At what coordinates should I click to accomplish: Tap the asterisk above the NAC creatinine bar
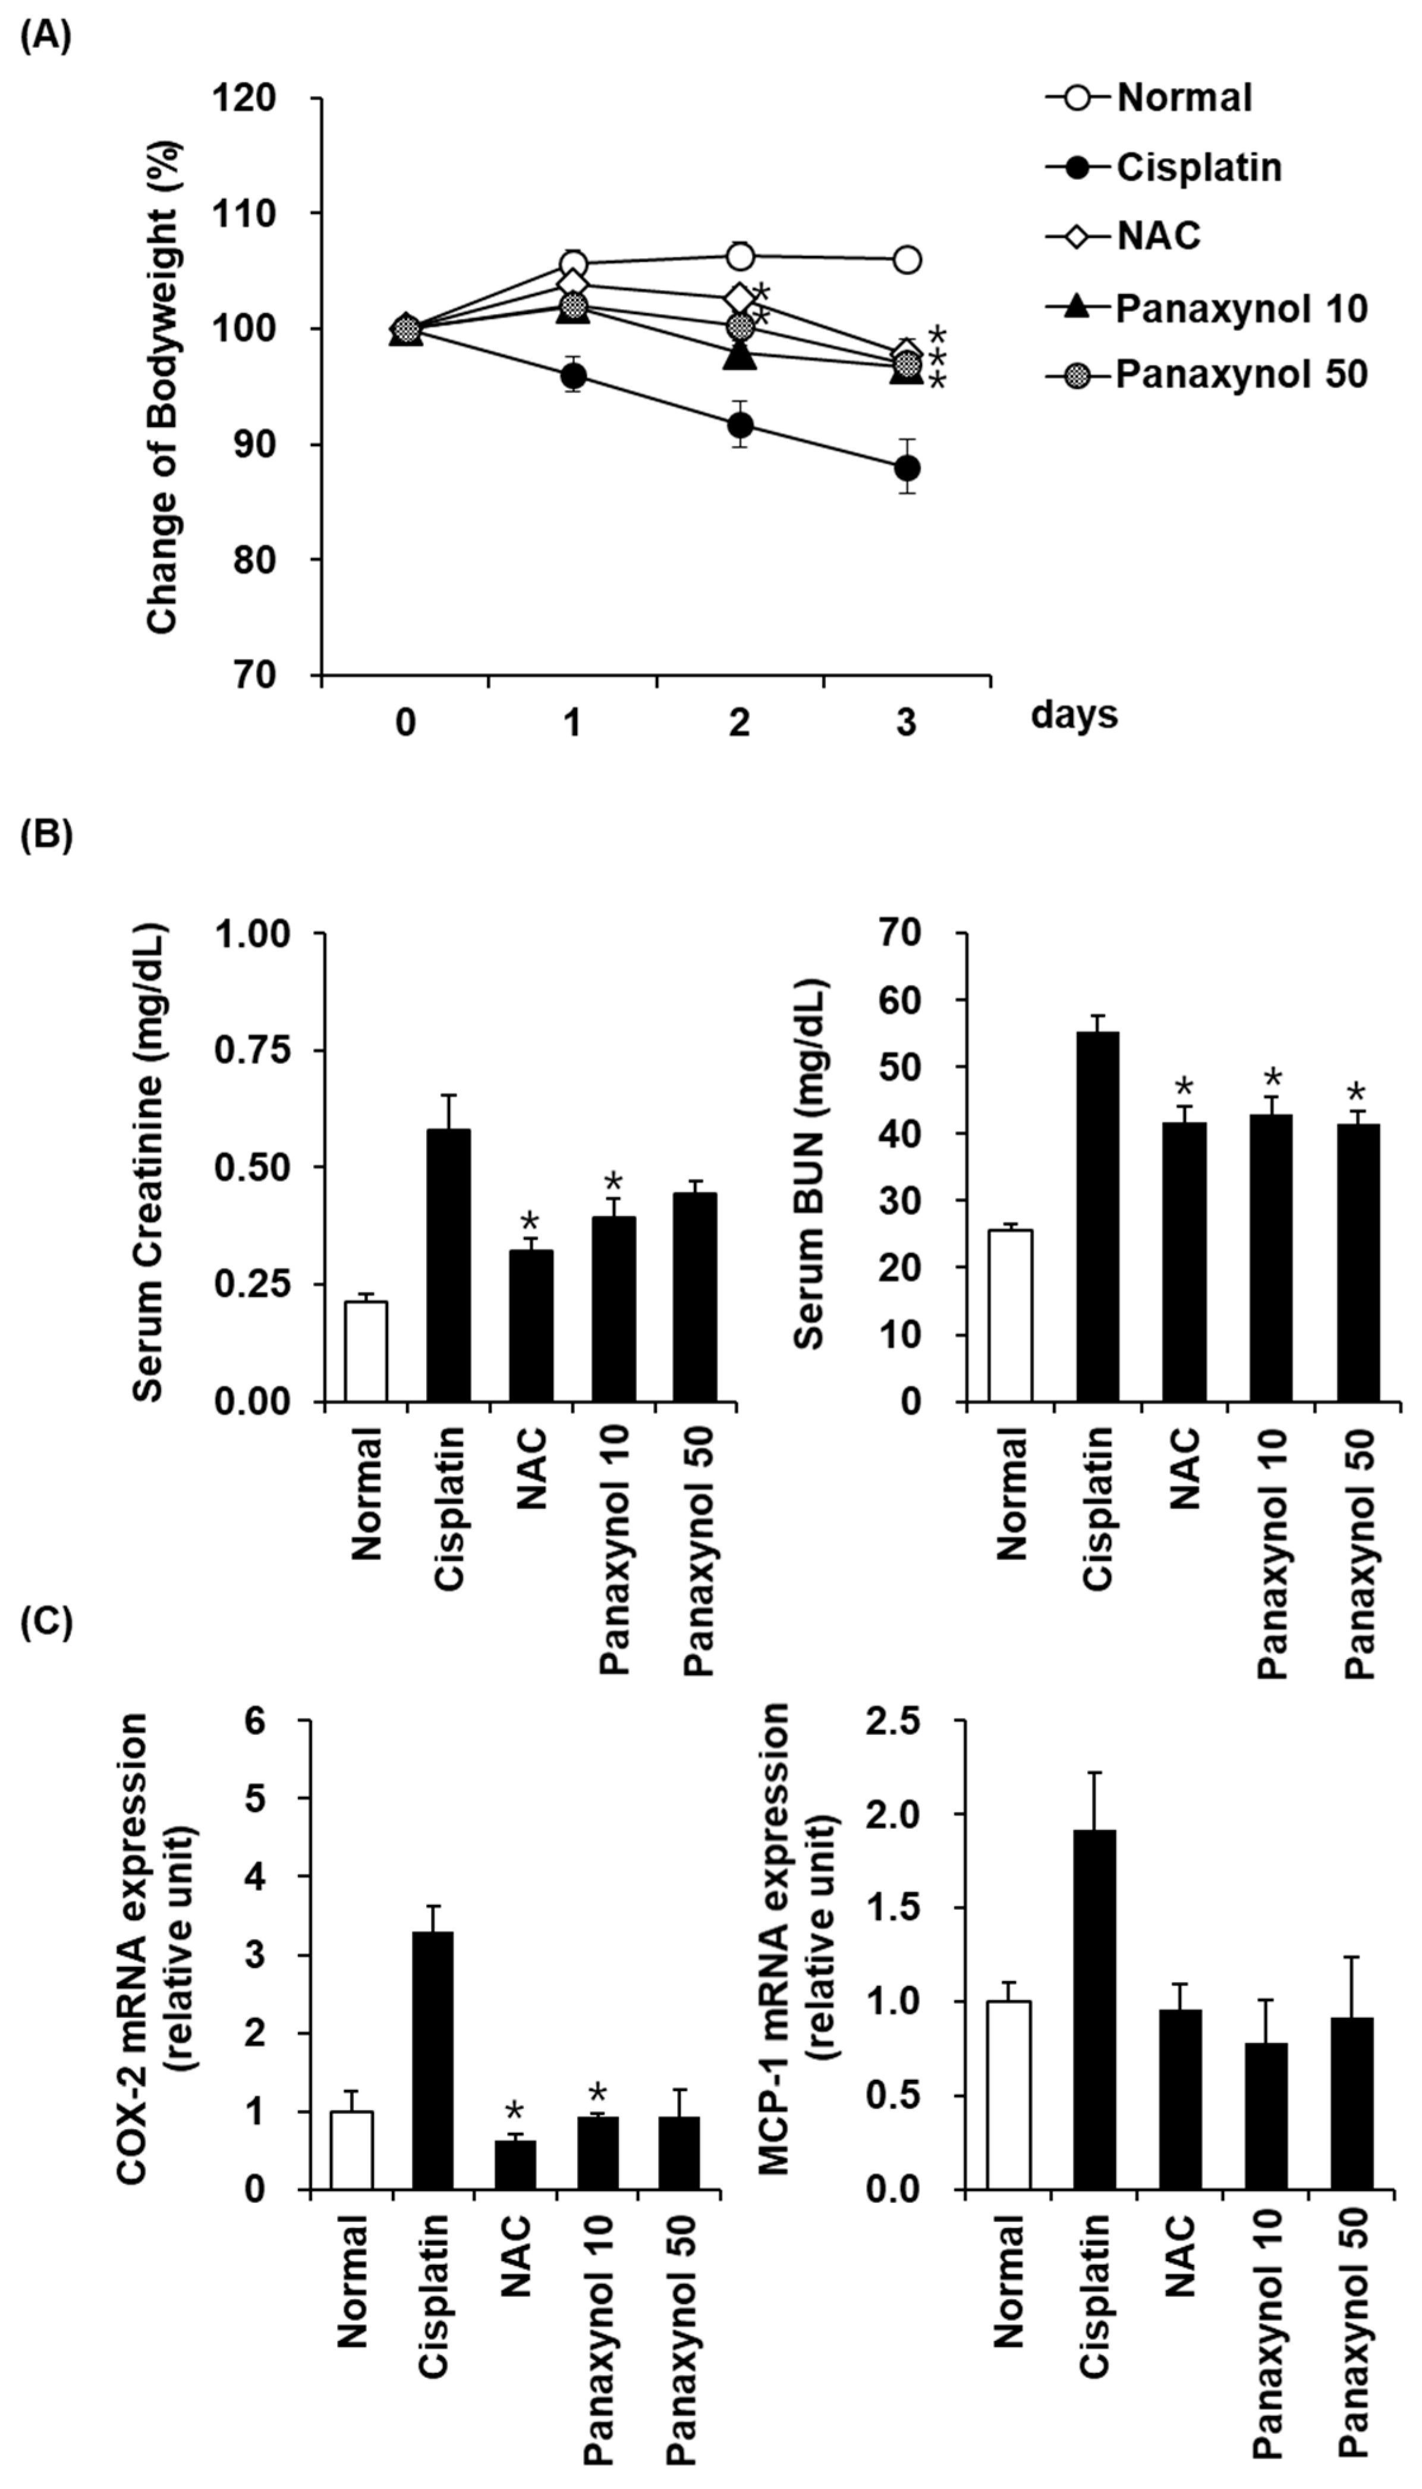tap(530, 1222)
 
